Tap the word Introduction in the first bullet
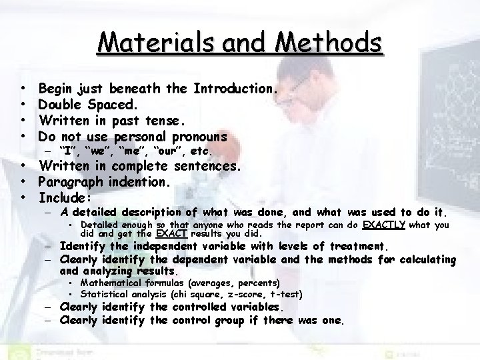click(233, 88)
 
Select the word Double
click(61, 104)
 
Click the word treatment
click(359, 247)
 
